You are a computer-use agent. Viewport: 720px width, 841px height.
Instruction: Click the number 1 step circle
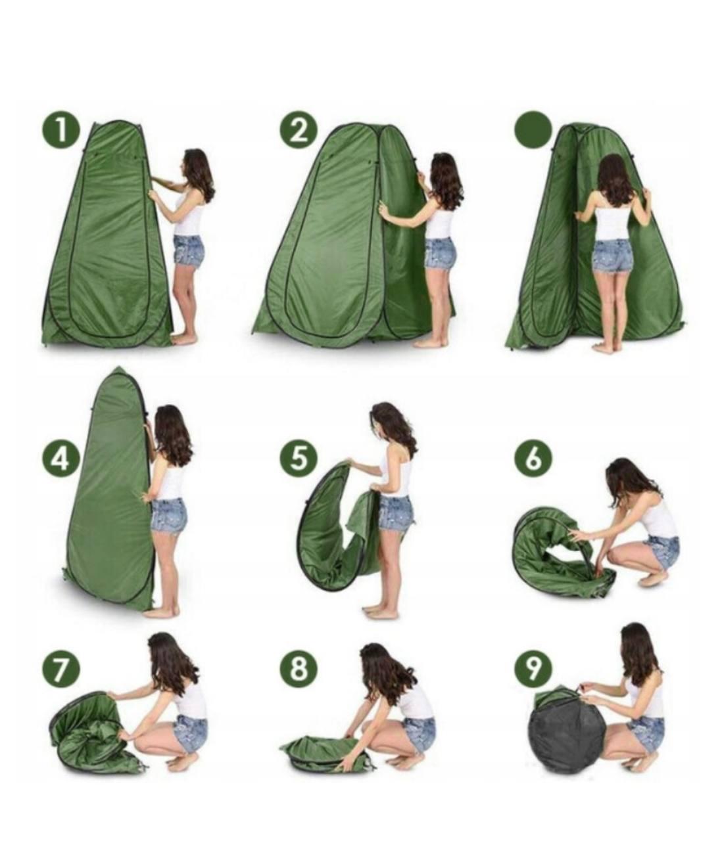pos(61,131)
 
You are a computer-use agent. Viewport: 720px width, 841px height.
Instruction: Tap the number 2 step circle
pos(298,131)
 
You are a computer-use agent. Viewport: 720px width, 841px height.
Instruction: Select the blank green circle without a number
pos(533,131)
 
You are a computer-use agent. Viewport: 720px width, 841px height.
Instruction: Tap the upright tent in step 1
pos(107,236)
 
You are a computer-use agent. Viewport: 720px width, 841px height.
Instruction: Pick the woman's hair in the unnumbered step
pos(614,181)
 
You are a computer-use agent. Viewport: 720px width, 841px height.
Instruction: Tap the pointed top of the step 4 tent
pos(118,367)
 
